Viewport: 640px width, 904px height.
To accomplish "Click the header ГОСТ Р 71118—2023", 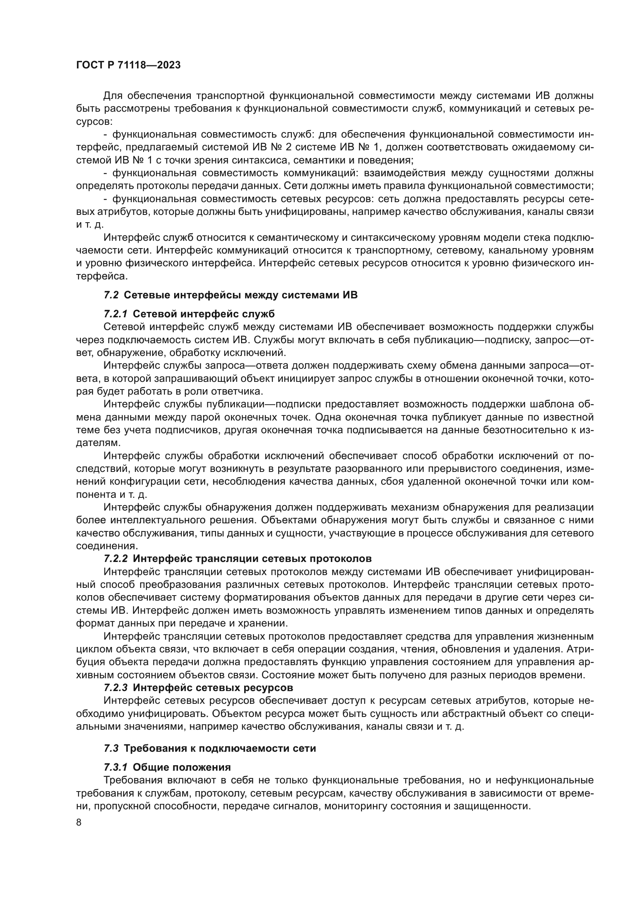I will tap(128, 65).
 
